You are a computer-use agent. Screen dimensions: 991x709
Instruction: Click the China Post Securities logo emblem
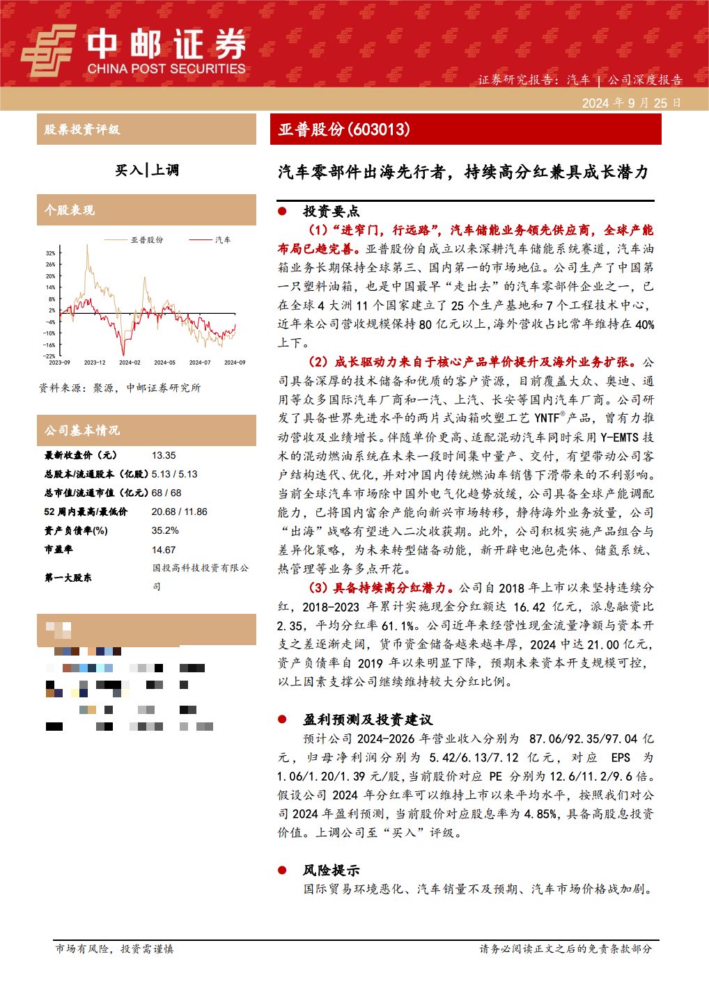[x=47, y=50]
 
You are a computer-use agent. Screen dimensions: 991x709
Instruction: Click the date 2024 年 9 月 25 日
[x=631, y=103]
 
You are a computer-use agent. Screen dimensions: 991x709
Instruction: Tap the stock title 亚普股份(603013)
[x=344, y=129]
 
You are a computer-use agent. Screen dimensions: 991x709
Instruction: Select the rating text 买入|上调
[x=147, y=170]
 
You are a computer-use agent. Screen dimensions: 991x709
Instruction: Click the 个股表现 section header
[x=70, y=210]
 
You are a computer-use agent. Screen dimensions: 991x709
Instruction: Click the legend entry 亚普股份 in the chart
[x=147, y=240]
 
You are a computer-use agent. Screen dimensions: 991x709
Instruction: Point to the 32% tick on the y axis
[x=51, y=253]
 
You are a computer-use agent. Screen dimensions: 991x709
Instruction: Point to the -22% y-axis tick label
[x=50, y=356]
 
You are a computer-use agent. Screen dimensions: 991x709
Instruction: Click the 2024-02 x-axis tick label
[x=130, y=363]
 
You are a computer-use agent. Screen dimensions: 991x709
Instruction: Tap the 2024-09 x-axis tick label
[x=235, y=363]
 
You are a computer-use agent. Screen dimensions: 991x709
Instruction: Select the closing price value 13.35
[x=164, y=455]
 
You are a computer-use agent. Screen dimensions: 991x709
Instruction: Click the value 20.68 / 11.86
[x=179, y=512]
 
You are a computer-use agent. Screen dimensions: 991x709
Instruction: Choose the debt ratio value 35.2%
[x=165, y=530]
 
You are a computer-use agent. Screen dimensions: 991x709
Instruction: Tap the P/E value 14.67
[x=164, y=549]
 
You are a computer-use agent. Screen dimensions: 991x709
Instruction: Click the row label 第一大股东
[x=68, y=578]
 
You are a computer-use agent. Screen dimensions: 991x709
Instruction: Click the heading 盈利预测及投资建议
[x=367, y=720]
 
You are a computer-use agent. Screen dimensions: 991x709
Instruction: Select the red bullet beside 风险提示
[x=282, y=870]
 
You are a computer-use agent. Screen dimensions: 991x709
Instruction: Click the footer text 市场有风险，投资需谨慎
[x=114, y=949]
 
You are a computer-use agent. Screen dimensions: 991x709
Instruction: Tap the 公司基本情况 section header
[x=82, y=431]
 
